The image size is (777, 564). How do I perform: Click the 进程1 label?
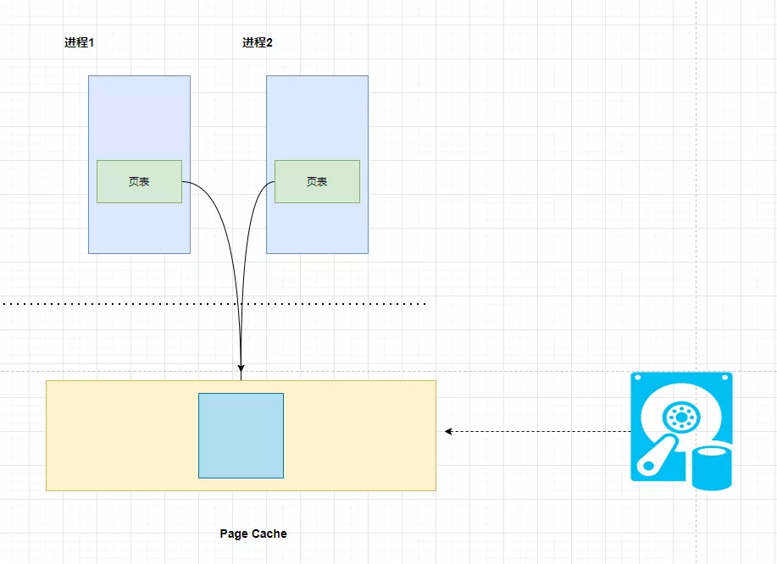(79, 43)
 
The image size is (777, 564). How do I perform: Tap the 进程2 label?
(257, 43)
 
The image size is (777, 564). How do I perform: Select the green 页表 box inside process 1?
(139, 181)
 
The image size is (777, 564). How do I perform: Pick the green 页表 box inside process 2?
(317, 181)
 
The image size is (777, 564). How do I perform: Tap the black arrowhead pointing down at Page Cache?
(241, 368)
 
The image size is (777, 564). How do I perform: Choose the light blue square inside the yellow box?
(241, 435)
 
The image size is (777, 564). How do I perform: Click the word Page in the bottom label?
(233, 534)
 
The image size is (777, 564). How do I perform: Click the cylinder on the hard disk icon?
(711, 467)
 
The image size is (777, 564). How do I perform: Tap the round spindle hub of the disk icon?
(679, 416)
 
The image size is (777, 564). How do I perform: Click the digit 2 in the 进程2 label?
(269, 43)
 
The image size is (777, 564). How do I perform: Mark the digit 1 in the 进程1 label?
(91, 43)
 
